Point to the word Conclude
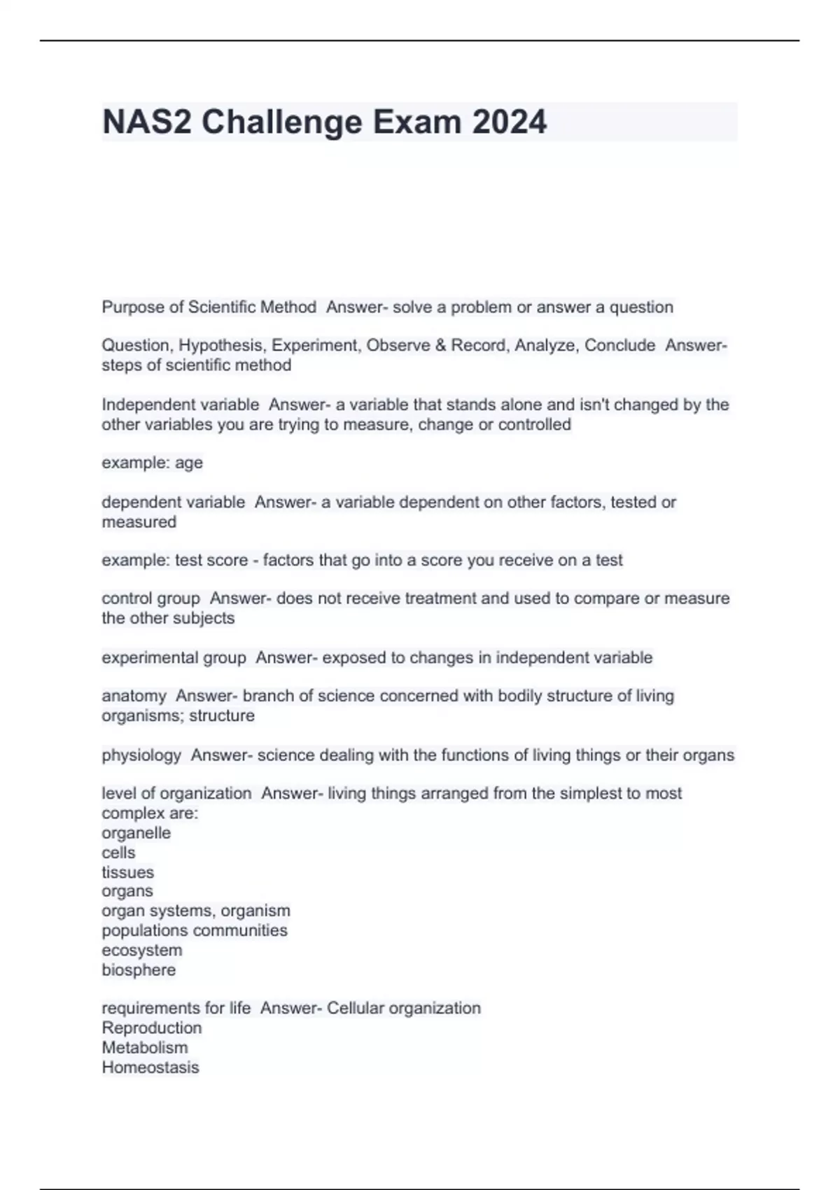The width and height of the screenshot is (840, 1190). click(x=619, y=345)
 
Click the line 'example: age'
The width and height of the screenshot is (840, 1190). click(x=152, y=463)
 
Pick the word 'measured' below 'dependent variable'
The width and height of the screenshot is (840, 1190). click(x=139, y=522)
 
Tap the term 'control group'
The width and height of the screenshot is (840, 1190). click(x=150, y=598)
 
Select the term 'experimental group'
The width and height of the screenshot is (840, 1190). click(x=174, y=658)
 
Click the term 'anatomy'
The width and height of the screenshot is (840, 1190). click(x=134, y=696)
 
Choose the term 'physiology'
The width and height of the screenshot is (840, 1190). click(x=141, y=755)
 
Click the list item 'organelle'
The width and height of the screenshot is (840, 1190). click(x=136, y=833)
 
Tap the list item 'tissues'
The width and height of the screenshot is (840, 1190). click(x=127, y=872)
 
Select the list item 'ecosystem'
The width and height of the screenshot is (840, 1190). click(x=141, y=951)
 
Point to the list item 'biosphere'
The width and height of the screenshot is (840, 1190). click(x=139, y=970)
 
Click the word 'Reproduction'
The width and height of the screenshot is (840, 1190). click(x=151, y=1028)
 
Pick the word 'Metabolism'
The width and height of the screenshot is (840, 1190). click(x=144, y=1048)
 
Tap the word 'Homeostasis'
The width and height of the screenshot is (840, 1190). click(x=150, y=1067)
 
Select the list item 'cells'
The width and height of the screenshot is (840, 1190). click(x=118, y=853)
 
